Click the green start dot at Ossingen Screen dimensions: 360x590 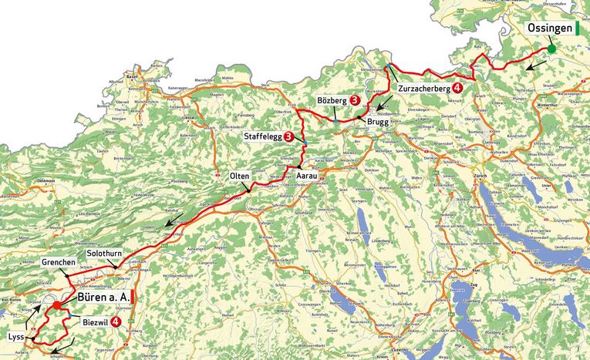point(552,50)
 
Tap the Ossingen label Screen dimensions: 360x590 point(549,29)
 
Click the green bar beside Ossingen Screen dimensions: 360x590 point(577,29)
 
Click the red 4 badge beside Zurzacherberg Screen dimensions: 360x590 point(459,89)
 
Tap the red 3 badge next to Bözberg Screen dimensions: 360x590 point(353,101)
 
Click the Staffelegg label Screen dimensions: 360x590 point(262,136)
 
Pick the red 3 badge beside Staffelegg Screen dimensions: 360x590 point(288,136)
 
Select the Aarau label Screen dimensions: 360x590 point(308,177)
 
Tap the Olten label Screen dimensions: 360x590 point(239,177)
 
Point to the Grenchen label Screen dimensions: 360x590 point(59,263)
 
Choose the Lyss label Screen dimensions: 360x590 point(17,338)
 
